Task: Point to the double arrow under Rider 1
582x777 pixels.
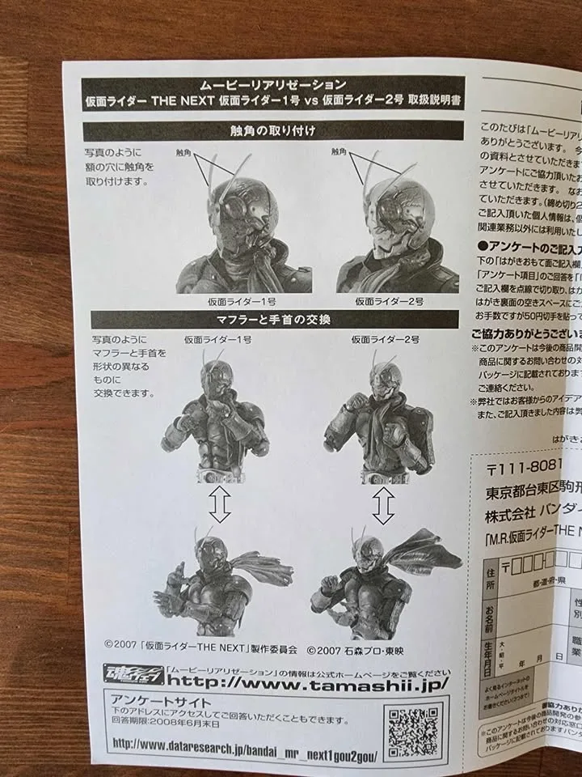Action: coord(219,507)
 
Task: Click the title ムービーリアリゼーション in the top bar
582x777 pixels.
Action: coord(273,84)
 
